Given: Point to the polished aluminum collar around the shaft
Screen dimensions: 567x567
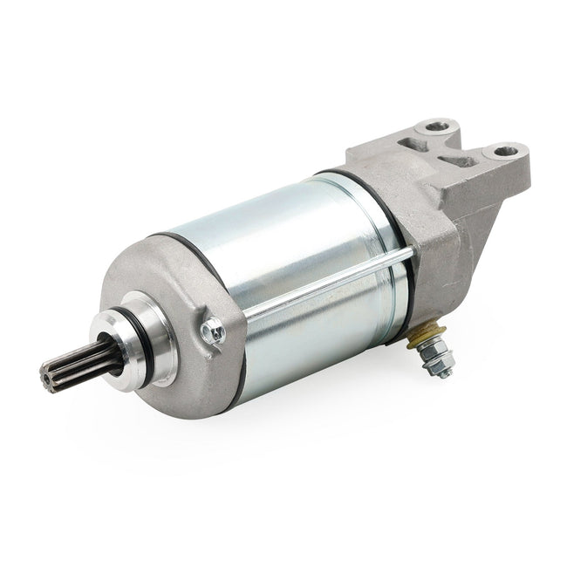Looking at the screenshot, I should [x=131, y=345].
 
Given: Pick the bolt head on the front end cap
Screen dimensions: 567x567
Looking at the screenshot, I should [x=212, y=331].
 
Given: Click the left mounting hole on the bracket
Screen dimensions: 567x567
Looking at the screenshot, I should [x=436, y=127].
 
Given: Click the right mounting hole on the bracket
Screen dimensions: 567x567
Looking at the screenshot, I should [x=505, y=151].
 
